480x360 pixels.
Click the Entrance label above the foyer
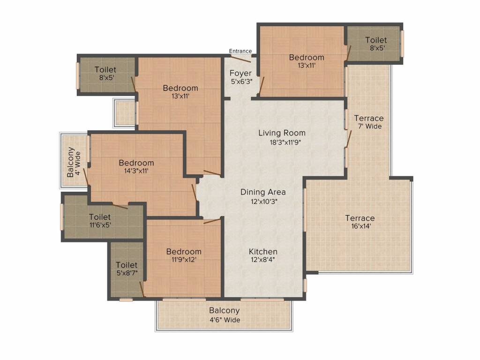coord(240,51)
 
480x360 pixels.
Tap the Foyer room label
coord(240,73)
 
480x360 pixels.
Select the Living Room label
coord(282,133)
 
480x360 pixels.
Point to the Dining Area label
coord(263,192)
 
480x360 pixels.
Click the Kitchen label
coord(263,252)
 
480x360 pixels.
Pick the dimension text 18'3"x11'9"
coord(282,142)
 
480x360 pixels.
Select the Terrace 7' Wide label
coord(368,122)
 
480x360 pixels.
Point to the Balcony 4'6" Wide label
coord(225,315)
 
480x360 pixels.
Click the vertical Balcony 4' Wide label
coord(74,162)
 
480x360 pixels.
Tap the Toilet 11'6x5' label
coord(100,221)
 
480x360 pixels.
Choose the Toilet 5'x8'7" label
coord(127,269)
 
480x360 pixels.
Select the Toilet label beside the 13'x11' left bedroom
coord(105,74)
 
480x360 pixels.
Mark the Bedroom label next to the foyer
coord(306,58)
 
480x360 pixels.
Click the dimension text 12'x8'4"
coord(263,261)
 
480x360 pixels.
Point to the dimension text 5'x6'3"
coord(240,82)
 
